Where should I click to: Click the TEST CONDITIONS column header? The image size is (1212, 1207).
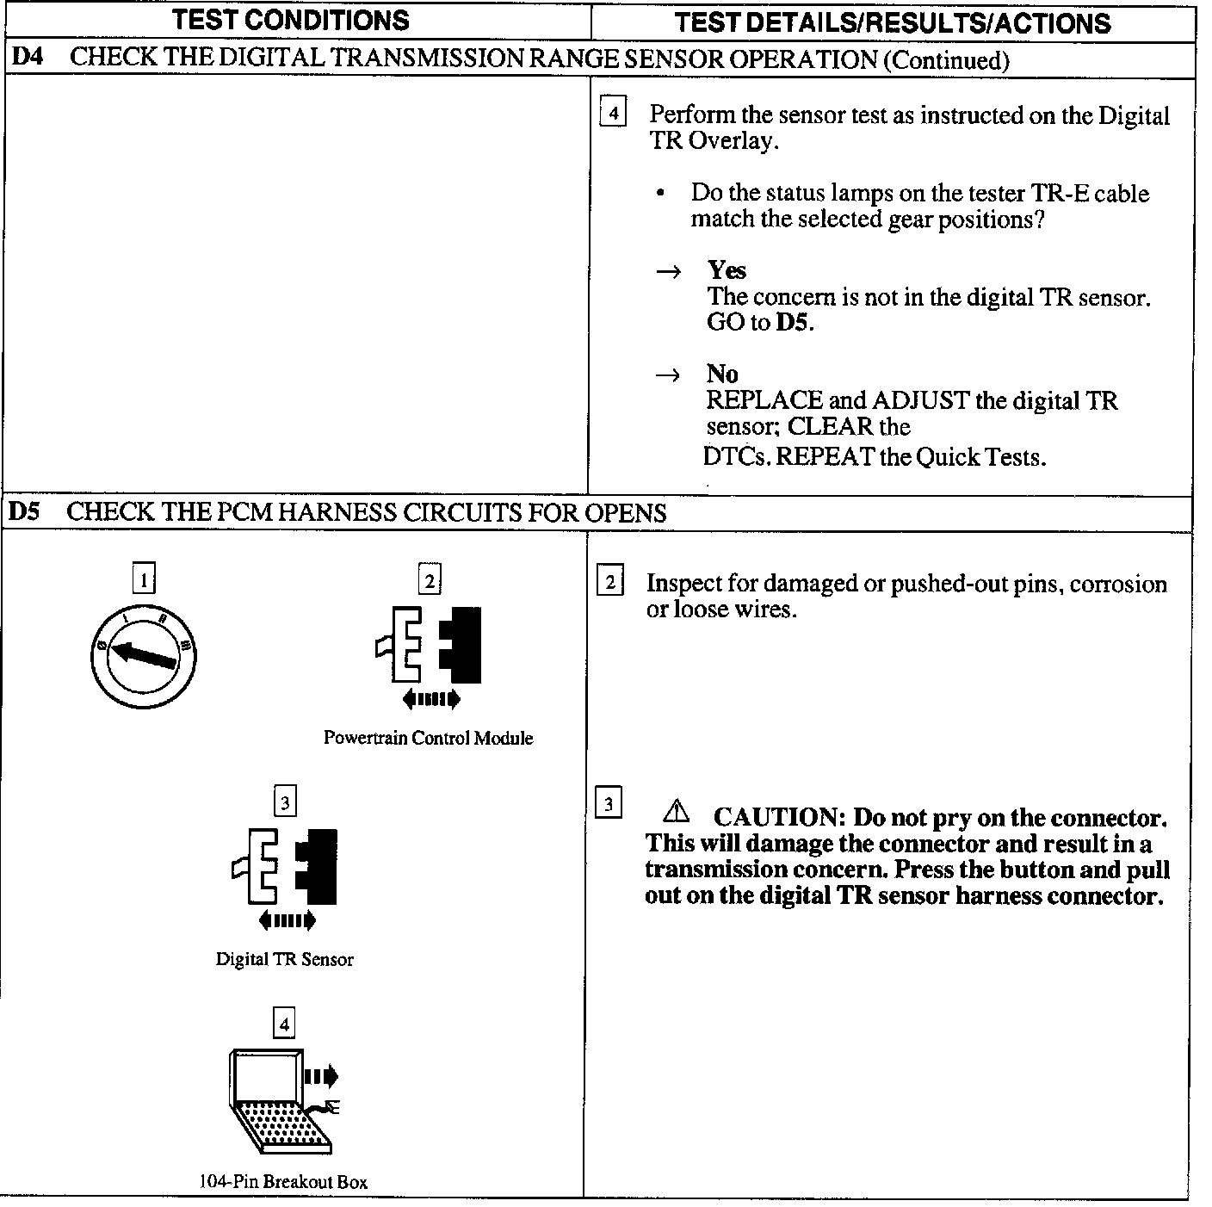point(291,20)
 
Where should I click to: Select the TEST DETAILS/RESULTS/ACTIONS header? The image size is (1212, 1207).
point(893,22)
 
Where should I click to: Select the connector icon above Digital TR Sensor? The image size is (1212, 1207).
point(285,867)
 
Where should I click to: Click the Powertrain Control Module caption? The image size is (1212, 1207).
point(428,738)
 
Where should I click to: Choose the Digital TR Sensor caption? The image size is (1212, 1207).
point(284,959)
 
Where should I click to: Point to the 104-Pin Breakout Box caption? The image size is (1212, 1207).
point(283,1181)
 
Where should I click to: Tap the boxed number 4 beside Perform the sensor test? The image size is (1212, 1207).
point(612,113)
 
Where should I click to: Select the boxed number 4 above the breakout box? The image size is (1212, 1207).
point(284,1024)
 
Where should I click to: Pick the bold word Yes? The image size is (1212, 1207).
point(727,270)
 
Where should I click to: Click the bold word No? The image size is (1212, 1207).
point(722,374)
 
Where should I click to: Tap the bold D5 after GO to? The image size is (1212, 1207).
point(794,323)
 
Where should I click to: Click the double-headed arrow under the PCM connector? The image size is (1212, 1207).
point(430,698)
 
